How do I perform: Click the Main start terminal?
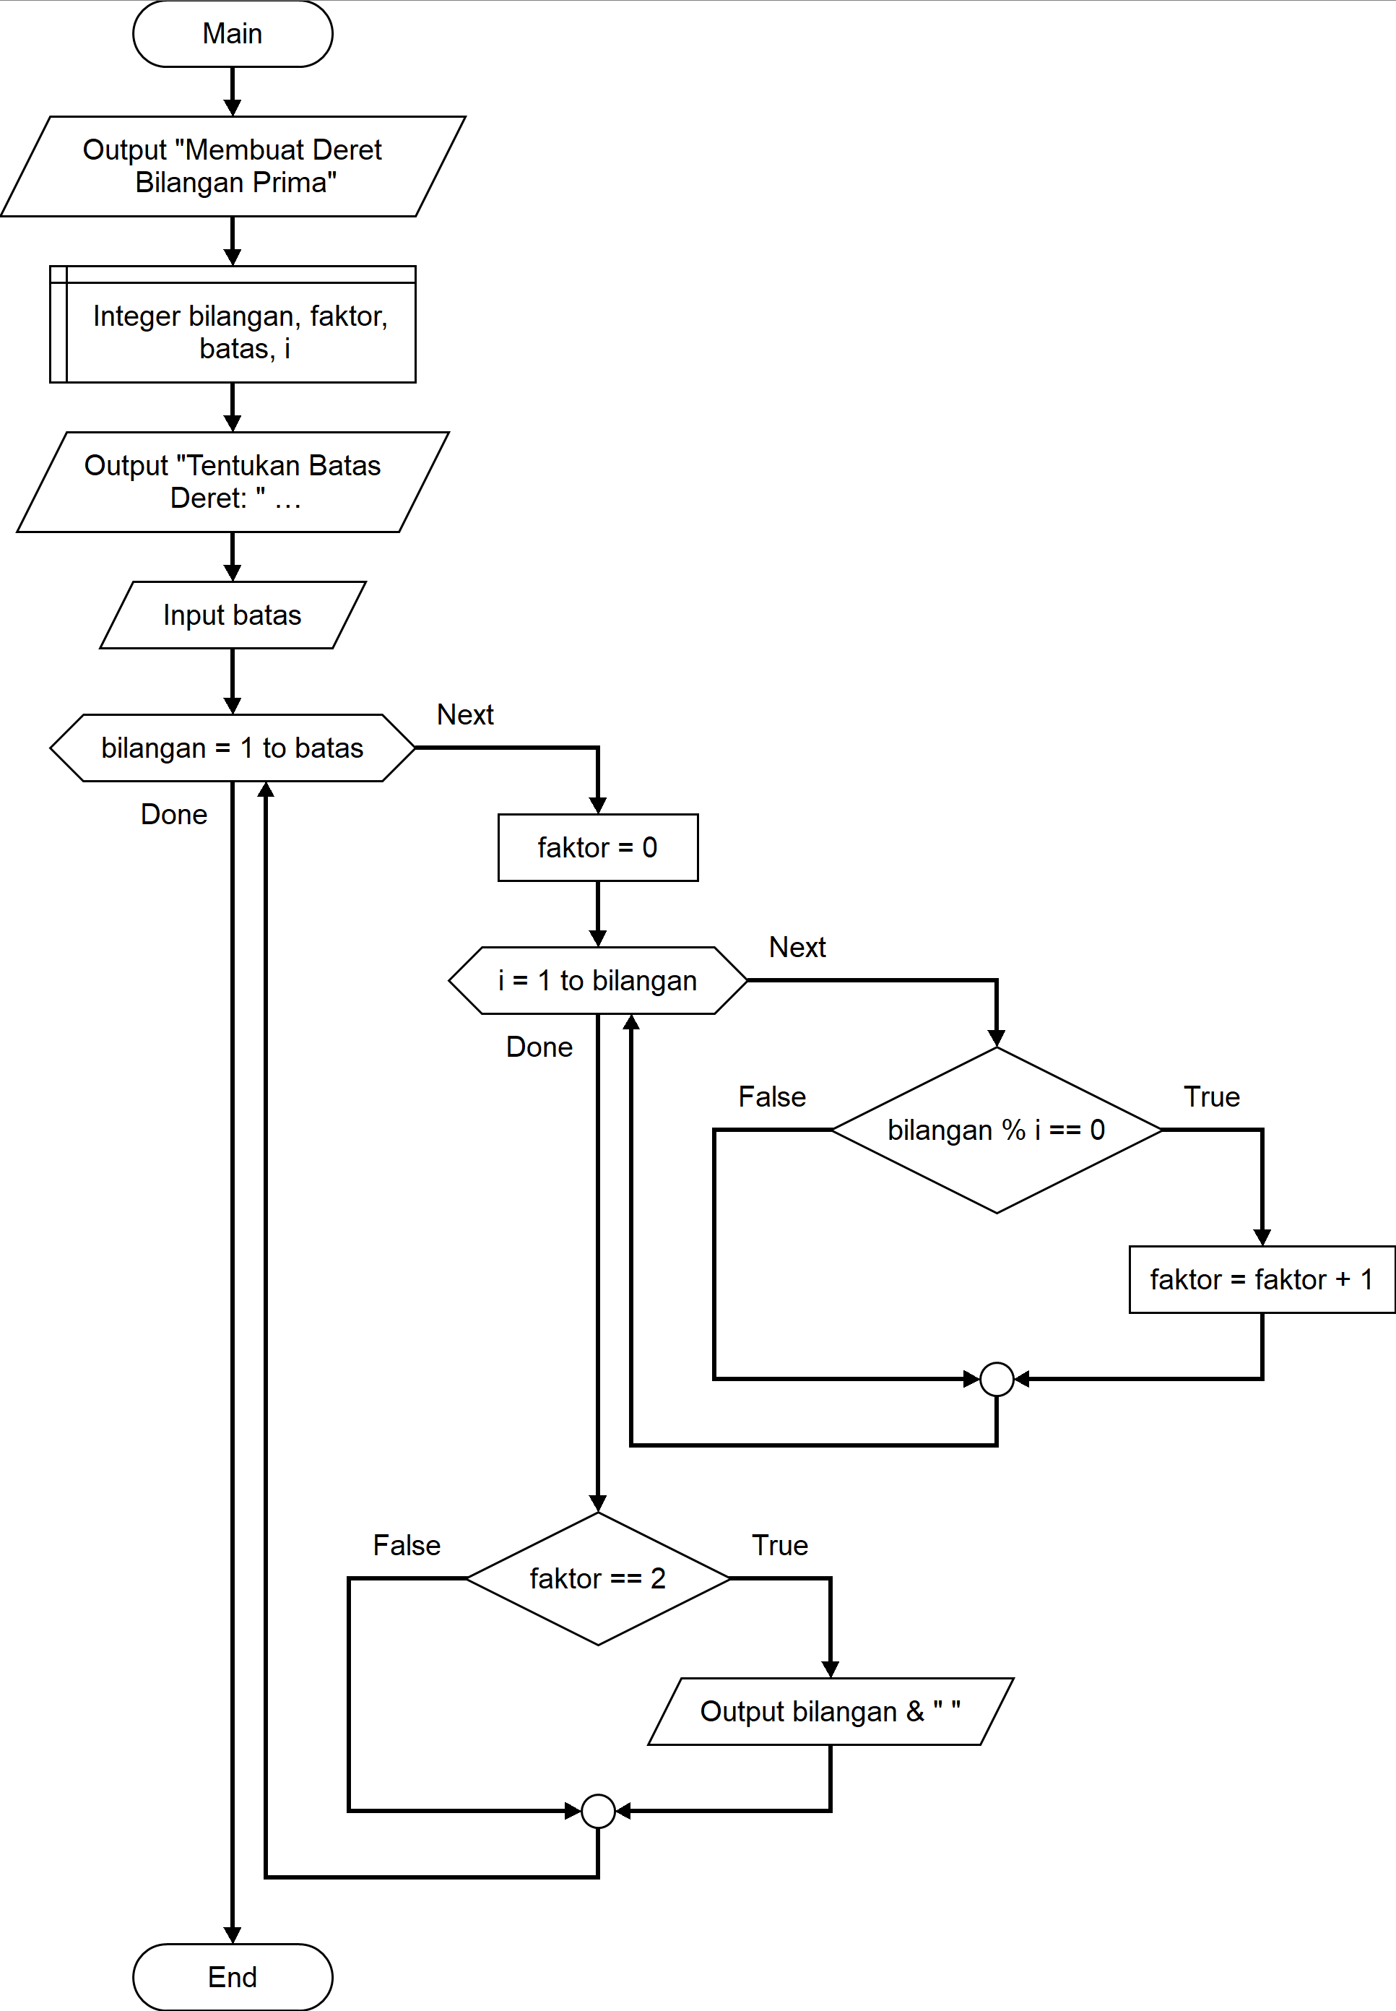click(233, 33)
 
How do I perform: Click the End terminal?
click(233, 1977)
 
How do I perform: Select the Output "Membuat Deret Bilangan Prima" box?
click(233, 166)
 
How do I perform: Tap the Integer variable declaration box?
click(233, 324)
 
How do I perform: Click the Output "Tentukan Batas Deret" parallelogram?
click(233, 482)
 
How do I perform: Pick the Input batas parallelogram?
click(233, 615)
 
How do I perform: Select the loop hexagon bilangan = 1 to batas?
click(233, 748)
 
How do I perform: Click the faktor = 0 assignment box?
click(598, 847)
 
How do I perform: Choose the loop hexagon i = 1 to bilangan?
click(598, 980)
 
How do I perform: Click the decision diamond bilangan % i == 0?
click(997, 1130)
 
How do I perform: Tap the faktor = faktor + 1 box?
click(1262, 1280)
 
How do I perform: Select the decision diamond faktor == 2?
click(598, 1579)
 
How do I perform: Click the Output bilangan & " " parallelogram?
click(831, 1712)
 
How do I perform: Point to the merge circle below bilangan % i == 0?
click(997, 1380)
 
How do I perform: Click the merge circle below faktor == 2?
click(598, 1811)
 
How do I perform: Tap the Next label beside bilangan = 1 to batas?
click(465, 714)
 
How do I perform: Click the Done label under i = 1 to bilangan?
click(539, 1047)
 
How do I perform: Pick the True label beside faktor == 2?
click(780, 1546)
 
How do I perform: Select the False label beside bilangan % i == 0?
click(772, 1097)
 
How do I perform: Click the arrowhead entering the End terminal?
click(233, 1935)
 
